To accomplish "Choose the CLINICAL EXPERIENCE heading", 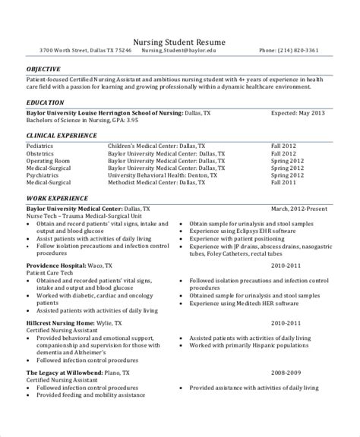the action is tap(62, 135).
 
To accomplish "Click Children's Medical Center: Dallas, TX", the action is tap(156, 143).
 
